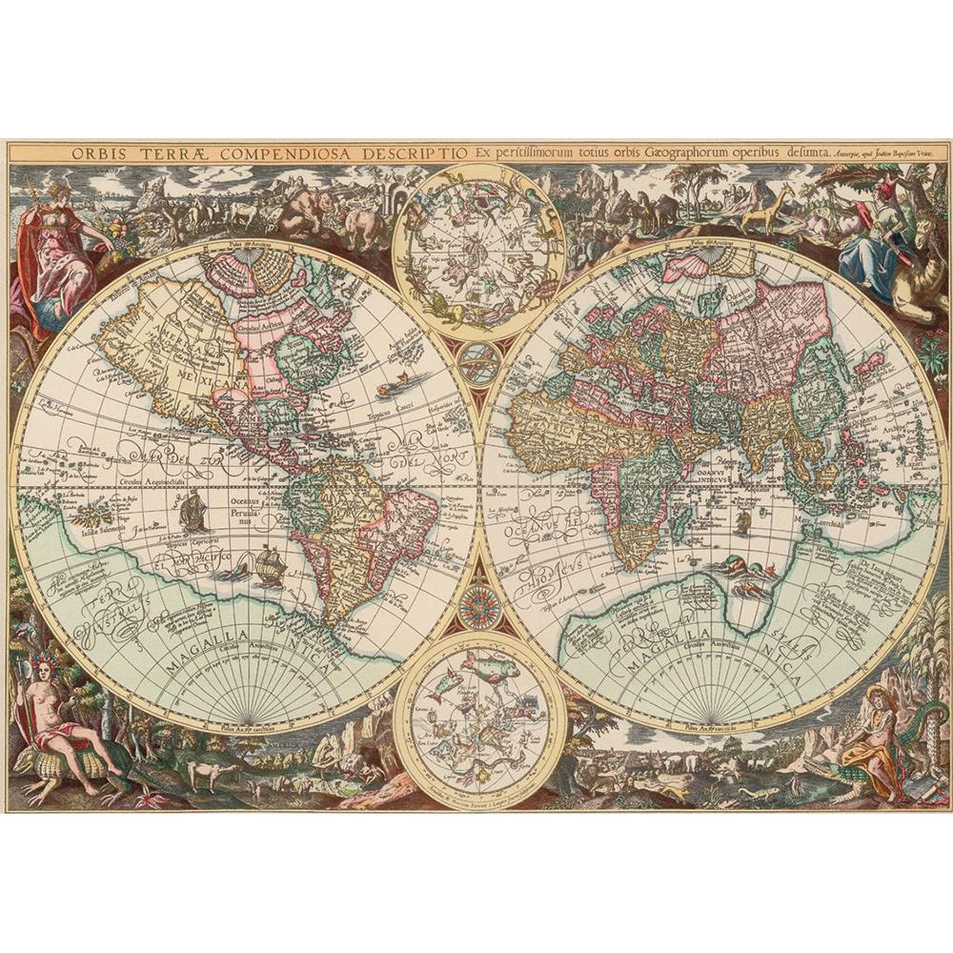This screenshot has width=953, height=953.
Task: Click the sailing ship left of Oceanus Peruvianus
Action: point(193,513)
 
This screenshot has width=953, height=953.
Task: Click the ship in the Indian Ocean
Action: point(742,520)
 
